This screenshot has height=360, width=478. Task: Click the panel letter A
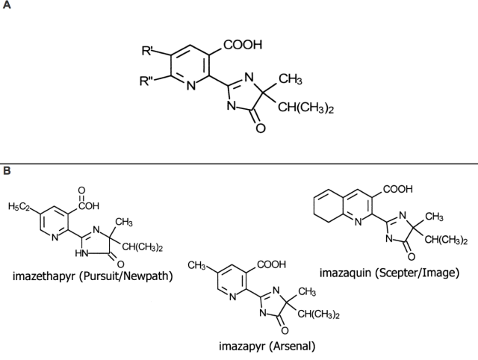7,7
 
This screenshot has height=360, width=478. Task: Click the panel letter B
7,170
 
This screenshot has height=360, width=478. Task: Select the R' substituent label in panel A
147,52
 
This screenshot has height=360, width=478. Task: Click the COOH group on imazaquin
398,189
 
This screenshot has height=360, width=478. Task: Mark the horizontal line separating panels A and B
239,163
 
